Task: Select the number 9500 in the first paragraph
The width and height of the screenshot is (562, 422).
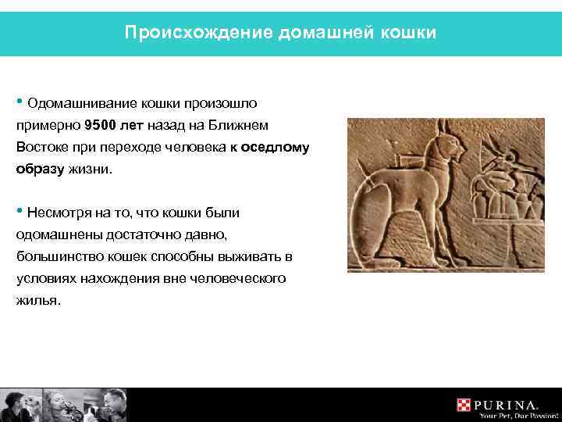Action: (102, 125)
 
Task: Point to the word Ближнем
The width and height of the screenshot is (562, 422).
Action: (246, 125)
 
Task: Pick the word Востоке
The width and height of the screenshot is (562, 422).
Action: (41, 147)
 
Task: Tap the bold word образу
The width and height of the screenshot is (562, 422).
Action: (37, 169)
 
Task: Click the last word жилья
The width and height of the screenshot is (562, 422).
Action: (37, 300)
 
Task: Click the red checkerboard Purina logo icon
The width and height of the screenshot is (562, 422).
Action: (464, 405)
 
